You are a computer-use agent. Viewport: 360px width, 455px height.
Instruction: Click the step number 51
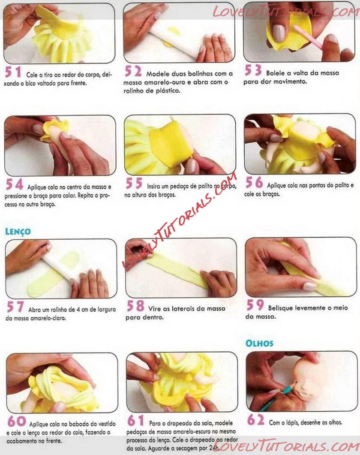13,72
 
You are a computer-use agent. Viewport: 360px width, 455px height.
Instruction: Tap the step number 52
133,71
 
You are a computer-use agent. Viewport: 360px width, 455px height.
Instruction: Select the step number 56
254,182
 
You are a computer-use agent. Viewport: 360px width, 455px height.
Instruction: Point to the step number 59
255,305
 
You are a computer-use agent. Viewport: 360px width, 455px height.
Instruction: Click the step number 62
256,419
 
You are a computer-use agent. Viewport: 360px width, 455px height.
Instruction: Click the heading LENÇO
18,232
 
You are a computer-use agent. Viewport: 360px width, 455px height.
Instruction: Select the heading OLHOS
259,343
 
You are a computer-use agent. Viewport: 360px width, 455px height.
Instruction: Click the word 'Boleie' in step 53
275,73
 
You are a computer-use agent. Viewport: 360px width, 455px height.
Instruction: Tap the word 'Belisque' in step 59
280,307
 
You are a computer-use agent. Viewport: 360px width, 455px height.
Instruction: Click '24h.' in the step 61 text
214,448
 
